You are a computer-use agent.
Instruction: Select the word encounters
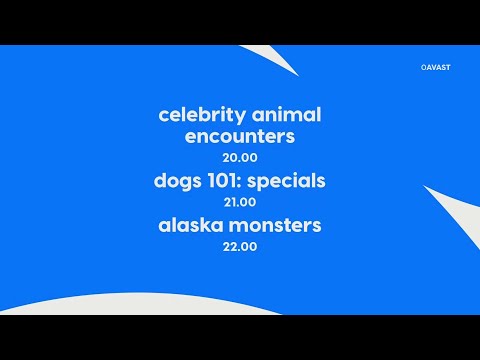pos(240,137)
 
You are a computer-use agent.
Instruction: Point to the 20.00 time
pos(240,158)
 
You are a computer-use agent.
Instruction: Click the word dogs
pos(177,181)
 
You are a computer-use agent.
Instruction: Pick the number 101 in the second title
pos(223,181)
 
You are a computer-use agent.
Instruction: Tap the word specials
pos(288,182)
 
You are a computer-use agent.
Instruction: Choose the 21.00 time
pos(240,202)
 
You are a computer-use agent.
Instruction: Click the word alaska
pos(191,225)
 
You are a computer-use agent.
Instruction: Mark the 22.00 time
pos(240,246)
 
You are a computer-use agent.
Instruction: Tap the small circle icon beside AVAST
pos(425,69)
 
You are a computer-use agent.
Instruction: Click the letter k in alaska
pos(211,225)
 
